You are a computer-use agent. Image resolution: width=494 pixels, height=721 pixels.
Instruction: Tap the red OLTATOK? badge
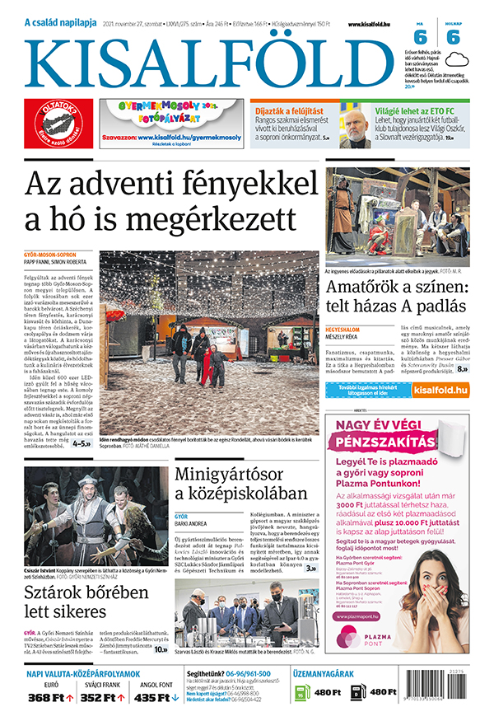58,124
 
